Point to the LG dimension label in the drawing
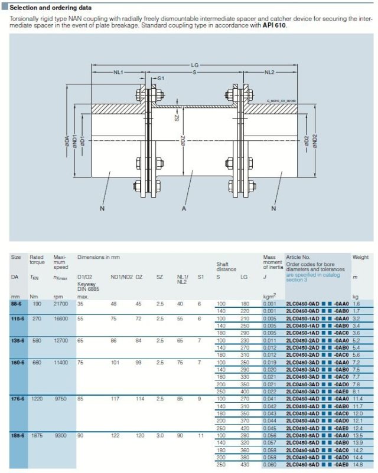coord(194,65)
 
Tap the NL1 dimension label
coord(118,72)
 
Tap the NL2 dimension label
coord(269,72)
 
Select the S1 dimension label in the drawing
coord(161,78)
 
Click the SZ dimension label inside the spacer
coord(175,118)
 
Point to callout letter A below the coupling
coord(185,208)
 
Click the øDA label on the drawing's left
coord(67,143)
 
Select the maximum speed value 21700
coord(61,303)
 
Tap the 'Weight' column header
coord(360,257)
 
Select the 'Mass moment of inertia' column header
coord(272,263)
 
